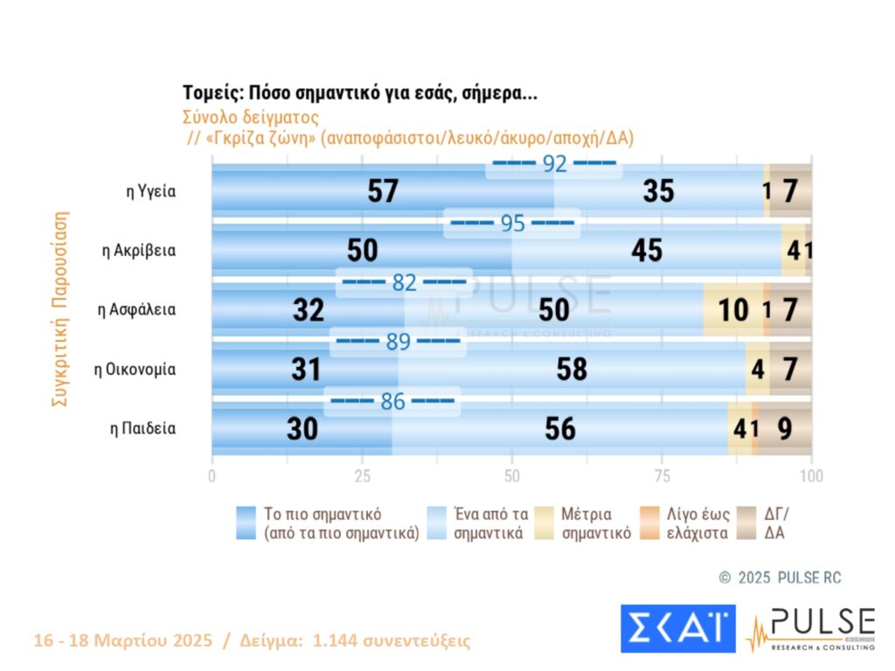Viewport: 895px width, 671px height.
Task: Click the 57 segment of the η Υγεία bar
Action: [383, 191]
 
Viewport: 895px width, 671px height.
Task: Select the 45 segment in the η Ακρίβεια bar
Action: [646, 251]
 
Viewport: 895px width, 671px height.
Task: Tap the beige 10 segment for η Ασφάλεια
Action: [732, 310]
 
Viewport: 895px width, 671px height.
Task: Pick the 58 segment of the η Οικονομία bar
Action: [572, 370]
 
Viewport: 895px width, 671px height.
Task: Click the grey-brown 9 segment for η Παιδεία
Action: [785, 429]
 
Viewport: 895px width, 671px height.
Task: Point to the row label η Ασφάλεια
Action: [137, 310]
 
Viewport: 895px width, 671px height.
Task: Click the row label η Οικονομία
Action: [135, 370]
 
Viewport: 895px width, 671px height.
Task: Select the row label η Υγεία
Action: [151, 191]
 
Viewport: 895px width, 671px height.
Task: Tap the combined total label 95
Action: [512, 223]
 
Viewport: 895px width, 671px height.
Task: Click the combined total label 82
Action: [404, 282]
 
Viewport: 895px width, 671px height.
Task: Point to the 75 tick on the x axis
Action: [663, 476]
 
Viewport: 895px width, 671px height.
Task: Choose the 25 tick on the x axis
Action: [362, 476]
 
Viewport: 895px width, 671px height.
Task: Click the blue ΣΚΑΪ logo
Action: [677, 628]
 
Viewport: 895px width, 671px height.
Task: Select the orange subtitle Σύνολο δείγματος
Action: [251, 116]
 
